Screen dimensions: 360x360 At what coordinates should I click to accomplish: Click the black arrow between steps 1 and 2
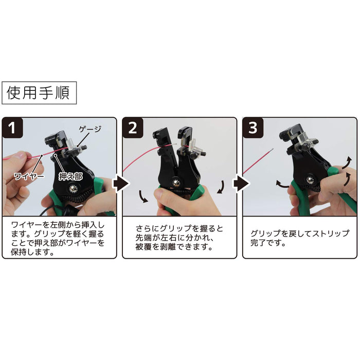tap(119, 183)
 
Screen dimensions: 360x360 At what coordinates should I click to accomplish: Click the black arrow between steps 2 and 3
tap(240, 183)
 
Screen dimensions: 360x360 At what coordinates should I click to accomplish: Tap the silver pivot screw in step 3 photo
tap(310, 179)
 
